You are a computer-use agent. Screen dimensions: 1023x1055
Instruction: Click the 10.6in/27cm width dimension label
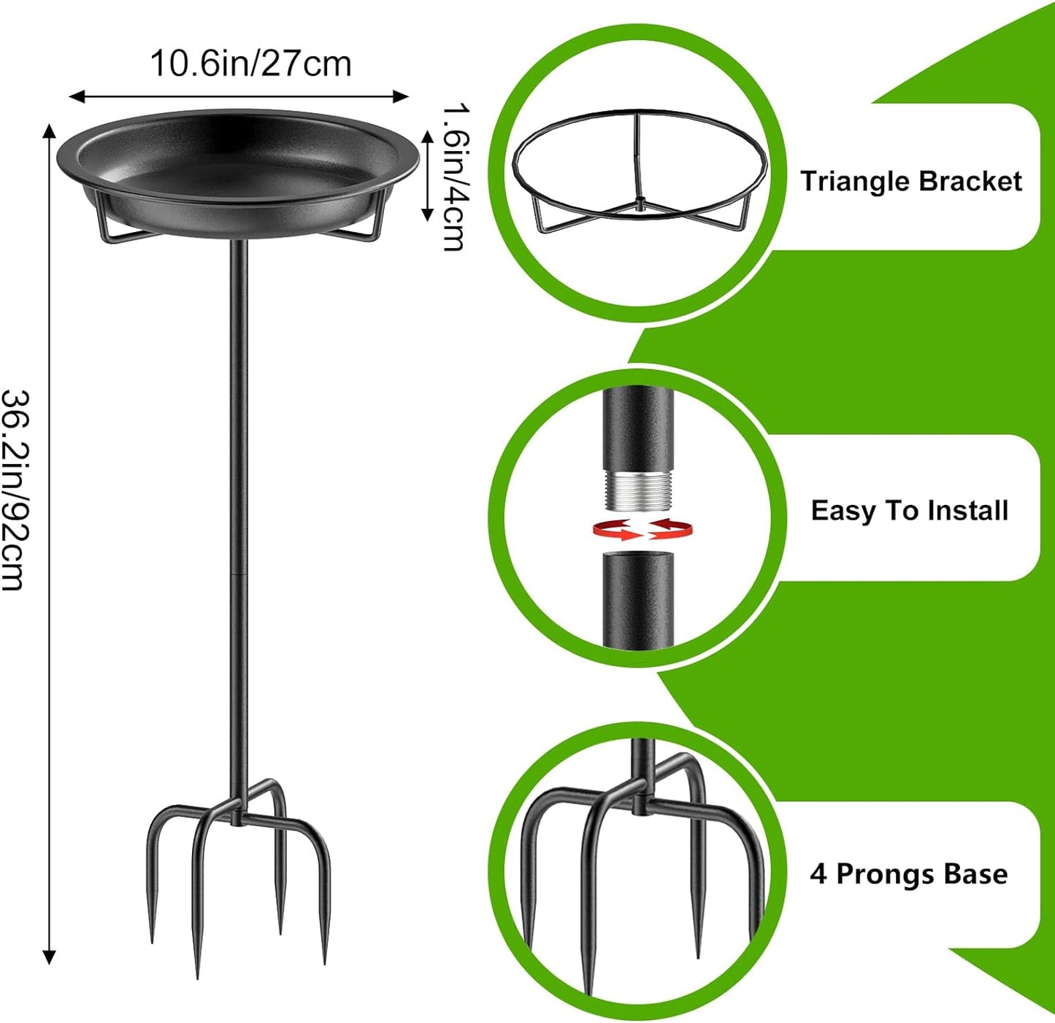coord(250,64)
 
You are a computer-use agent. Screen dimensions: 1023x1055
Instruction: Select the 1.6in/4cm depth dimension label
coord(455,177)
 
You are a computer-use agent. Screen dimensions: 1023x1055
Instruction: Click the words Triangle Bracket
coord(910,181)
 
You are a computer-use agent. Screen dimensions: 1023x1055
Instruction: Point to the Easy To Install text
coord(909,511)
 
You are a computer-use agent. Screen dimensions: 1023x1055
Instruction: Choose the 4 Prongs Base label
coord(908,874)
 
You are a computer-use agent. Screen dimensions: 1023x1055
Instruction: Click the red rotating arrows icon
coord(642,529)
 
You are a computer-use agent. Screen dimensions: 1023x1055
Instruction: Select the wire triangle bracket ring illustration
coord(639,171)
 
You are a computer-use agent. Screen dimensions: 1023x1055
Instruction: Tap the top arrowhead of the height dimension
coord(49,130)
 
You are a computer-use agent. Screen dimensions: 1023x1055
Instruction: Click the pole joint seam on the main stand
coord(238,574)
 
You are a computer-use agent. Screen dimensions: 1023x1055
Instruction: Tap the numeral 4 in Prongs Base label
coord(818,874)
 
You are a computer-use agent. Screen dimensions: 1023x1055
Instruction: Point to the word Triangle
coord(855,181)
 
